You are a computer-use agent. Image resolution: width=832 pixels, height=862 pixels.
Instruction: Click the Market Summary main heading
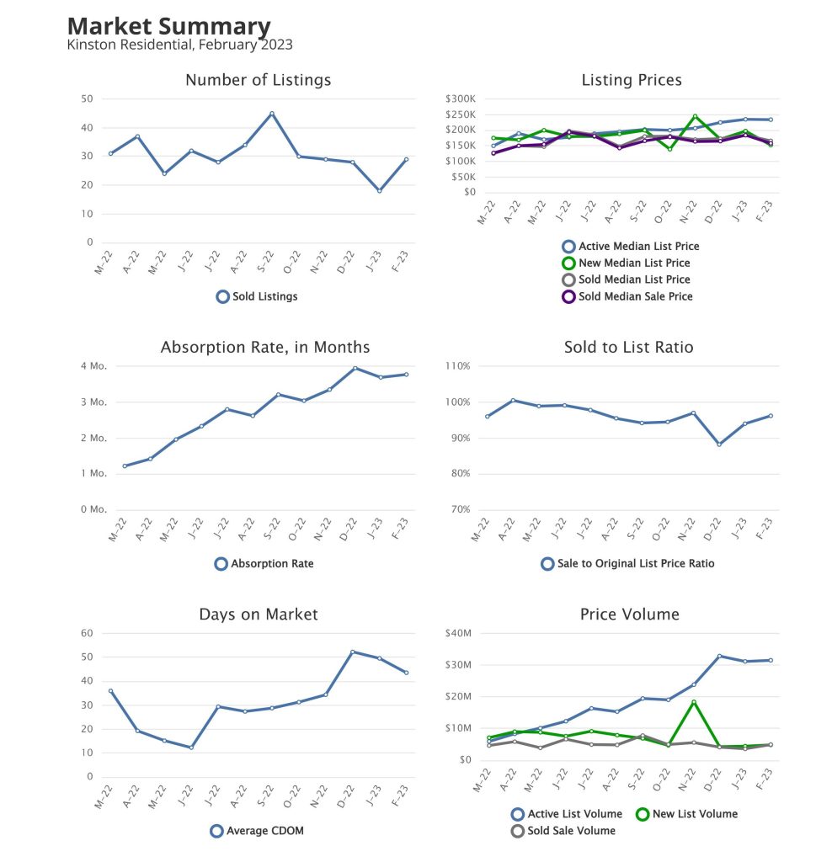(x=168, y=26)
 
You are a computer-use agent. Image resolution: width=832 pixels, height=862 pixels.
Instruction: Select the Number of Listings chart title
(x=258, y=80)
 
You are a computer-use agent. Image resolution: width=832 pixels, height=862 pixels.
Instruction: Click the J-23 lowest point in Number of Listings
(x=380, y=191)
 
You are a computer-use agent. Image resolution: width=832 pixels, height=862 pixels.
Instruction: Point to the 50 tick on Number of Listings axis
(x=87, y=99)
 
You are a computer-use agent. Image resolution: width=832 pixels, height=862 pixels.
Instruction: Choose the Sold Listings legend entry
(x=257, y=296)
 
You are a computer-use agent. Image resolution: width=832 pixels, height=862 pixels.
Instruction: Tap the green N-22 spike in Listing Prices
(x=695, y=116)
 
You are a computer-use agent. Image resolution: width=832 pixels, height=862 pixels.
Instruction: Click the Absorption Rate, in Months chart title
(x=264, y=347)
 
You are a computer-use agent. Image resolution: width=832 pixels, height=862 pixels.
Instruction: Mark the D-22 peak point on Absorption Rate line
(x=355, y=368)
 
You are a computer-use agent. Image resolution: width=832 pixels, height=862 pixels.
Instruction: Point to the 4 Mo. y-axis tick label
(x=93, y=366)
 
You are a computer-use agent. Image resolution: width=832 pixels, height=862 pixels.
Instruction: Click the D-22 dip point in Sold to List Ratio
(x=718, y=444)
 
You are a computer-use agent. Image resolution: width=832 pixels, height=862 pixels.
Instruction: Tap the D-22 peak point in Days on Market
(x=353, y=652)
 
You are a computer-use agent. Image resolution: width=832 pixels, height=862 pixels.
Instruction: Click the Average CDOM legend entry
(x=257, y=831)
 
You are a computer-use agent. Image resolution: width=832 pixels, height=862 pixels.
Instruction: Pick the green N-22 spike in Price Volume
(x=694, y=702)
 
